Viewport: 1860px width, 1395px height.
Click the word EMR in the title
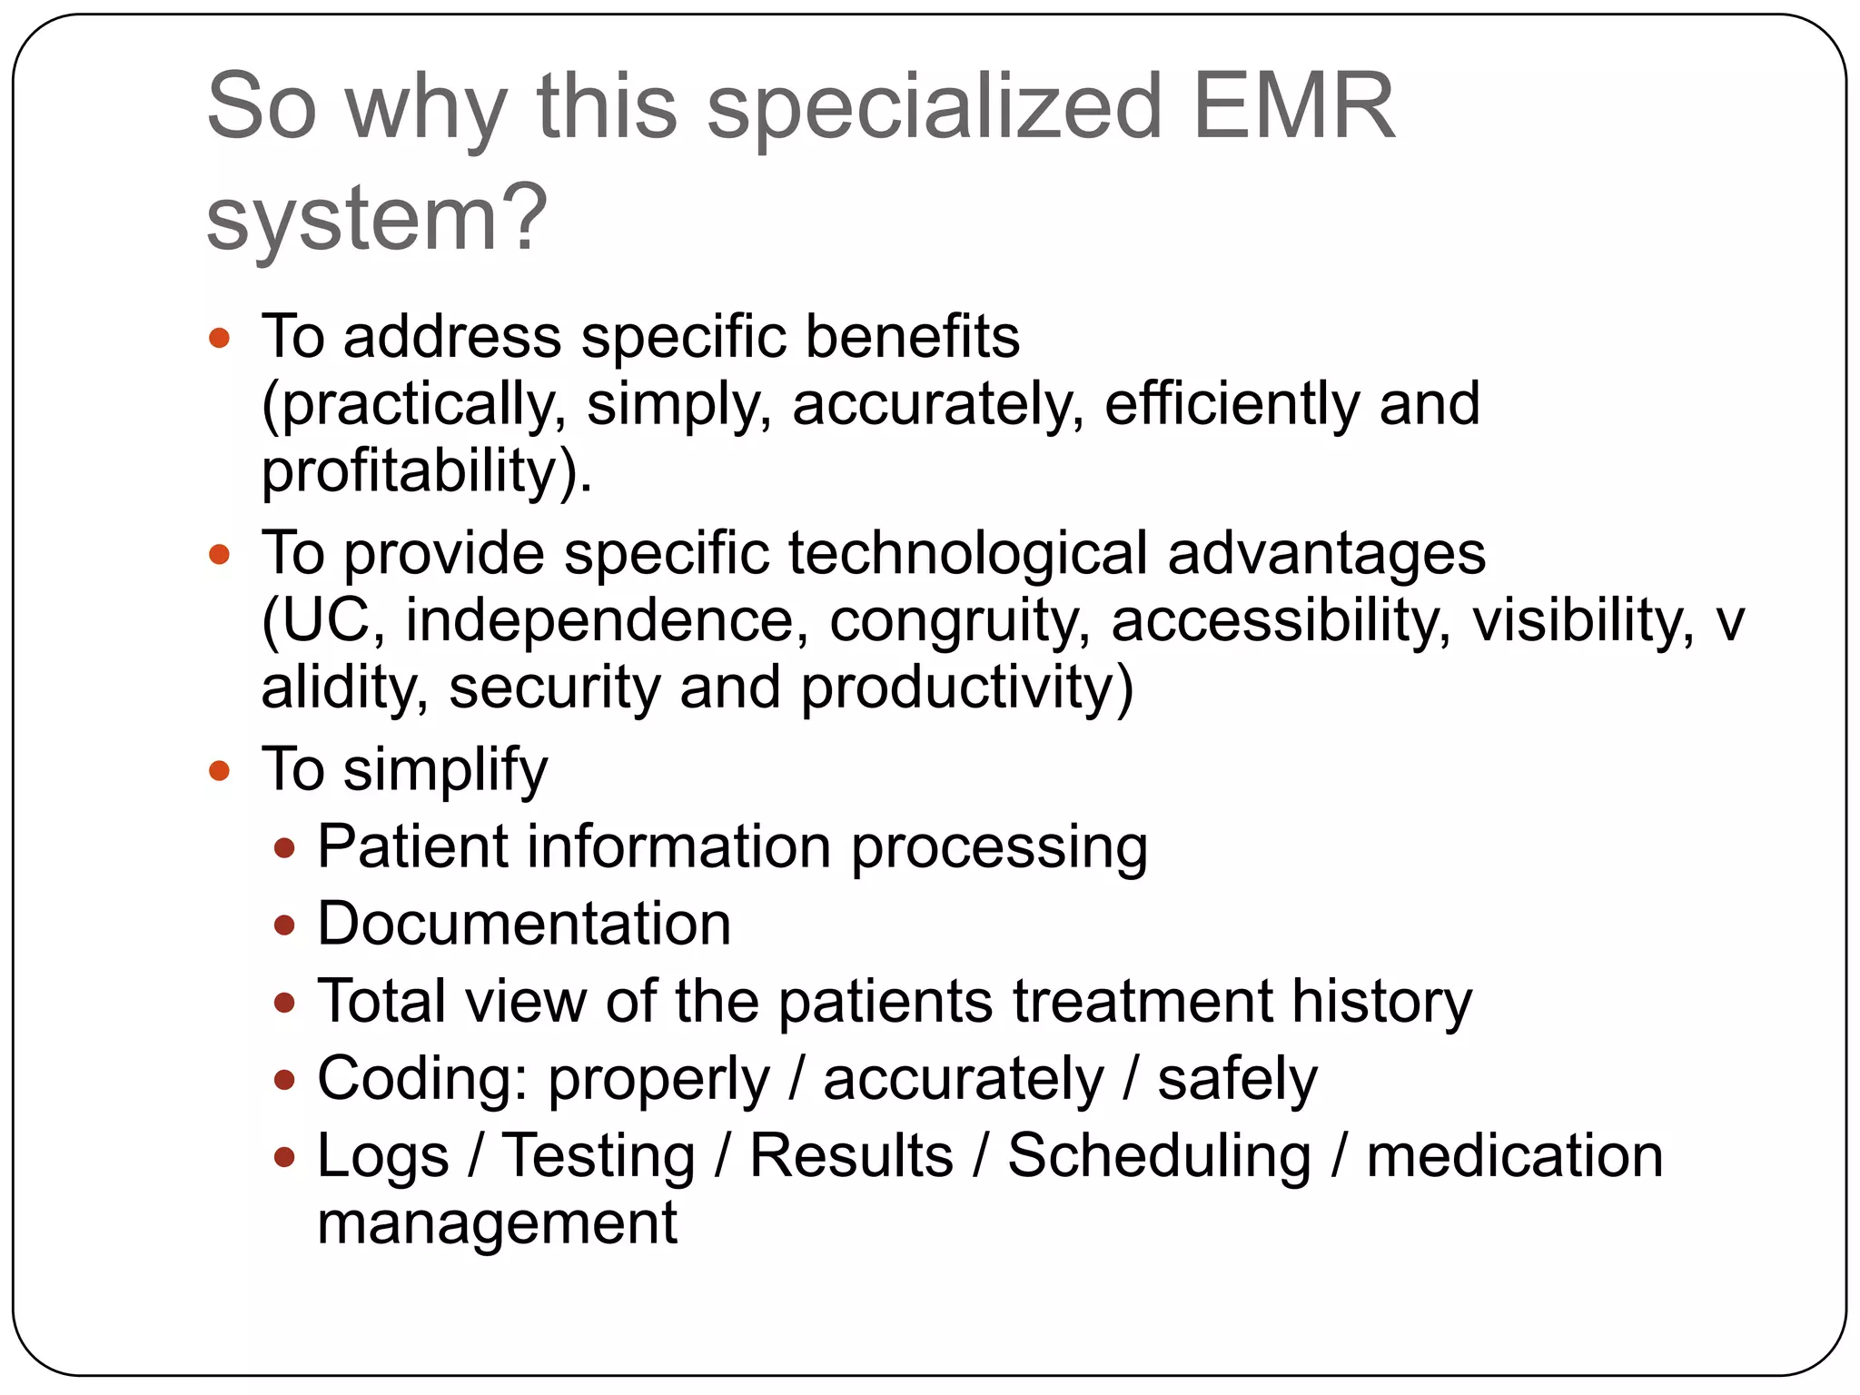(x=1293, y=107)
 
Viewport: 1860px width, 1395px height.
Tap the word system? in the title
(x=377, y=219)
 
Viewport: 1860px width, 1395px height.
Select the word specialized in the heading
(x=935, y=107)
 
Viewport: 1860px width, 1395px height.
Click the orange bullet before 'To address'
(x=219, y=340)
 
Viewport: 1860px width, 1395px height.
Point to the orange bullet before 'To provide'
(x=219, y=555)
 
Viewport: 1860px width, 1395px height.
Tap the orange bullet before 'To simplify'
(x=219, y=772)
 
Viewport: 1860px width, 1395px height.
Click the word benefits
(x=912, y=337)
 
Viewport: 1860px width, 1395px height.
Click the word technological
(x=967, y=553)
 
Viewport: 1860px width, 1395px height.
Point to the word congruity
(x=959, y=621)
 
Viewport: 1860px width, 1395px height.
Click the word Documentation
(x=524, y=925)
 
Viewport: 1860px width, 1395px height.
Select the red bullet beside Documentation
(x=285, y=926)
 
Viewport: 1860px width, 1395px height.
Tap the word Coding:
(x=422, y=1079)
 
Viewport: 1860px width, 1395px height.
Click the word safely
(x=1237, y=1079)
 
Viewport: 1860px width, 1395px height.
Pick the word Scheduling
(x=1159, y=1156)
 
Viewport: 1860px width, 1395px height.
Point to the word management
(x=497, y=1223)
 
